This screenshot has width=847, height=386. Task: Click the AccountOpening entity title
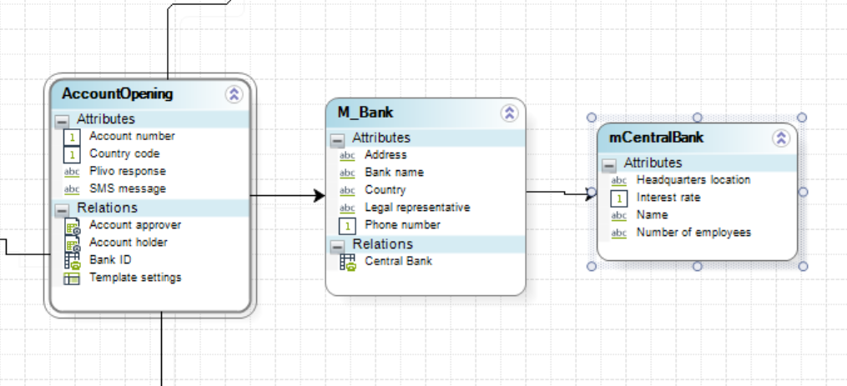click(118, 93)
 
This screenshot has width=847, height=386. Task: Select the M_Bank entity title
click(366, 113)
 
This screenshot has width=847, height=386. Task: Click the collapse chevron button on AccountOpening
click(234, 94)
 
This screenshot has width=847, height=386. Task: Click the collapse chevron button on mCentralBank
click(781, 138)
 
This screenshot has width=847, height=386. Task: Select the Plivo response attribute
click(127, 171)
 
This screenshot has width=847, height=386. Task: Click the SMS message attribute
click(128, 188)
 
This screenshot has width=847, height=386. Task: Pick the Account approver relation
click(135, 224)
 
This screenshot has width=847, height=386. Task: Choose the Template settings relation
click(135, 277)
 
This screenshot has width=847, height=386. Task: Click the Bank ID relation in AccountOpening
click(110, 259)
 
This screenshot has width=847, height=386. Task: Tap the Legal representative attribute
click(417, 207)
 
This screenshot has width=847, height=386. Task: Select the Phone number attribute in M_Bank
click(402, 224)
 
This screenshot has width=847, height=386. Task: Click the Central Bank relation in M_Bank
click(398, 261)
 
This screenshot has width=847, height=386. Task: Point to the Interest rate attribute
click(668, 198)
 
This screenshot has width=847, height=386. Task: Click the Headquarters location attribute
click(693, 179)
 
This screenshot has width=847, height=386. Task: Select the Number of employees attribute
click(693, 233)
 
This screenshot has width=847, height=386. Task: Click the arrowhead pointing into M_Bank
click(319, 195)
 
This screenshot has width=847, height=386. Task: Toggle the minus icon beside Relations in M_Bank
click(337, 246)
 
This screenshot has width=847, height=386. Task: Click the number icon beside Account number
click(72, 137)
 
